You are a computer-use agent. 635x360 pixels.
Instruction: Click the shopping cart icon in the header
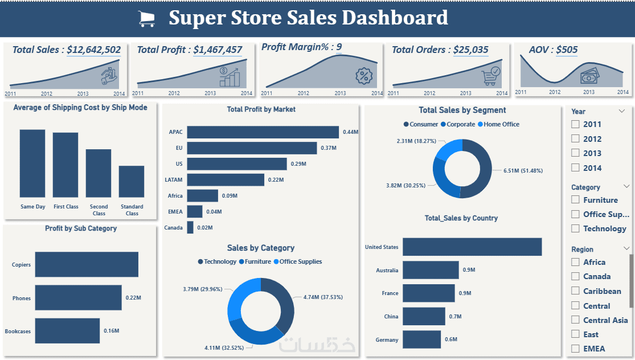(147, 19)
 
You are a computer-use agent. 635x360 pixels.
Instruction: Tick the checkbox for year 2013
(576, 153)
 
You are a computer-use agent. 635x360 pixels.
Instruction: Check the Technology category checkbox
(576, 228)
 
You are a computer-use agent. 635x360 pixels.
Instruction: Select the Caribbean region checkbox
(576, 291)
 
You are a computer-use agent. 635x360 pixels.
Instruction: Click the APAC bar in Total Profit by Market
(263, 132)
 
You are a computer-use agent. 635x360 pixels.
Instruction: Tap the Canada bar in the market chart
(190, 228)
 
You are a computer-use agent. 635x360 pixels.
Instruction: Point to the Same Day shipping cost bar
(32, 163)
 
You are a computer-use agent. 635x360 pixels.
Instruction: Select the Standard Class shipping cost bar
(132, 182)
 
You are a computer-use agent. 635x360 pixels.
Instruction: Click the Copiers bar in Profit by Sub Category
(87, 265)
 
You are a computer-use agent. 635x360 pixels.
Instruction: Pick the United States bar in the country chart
(472, 247)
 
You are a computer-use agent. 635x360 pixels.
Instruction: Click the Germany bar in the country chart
(421, 339)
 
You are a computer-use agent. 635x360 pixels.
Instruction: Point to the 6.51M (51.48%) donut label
(523, 170)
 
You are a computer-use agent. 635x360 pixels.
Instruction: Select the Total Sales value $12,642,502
(93, 50)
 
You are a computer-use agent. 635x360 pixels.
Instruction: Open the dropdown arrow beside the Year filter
(621, 111)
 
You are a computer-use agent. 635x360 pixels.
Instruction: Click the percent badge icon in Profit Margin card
(363, 75)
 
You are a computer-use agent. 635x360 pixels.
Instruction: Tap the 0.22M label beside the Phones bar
(133, 298)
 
